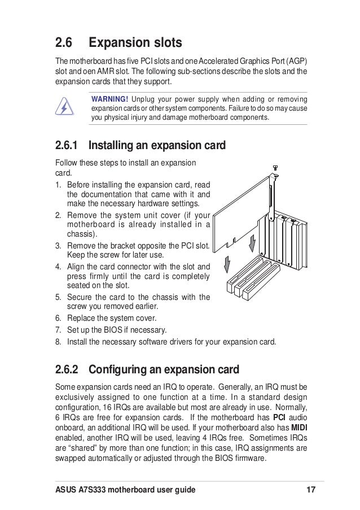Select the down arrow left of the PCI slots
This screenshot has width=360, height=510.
tap(227, 263)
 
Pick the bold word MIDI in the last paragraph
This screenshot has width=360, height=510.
tap(298, 427)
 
